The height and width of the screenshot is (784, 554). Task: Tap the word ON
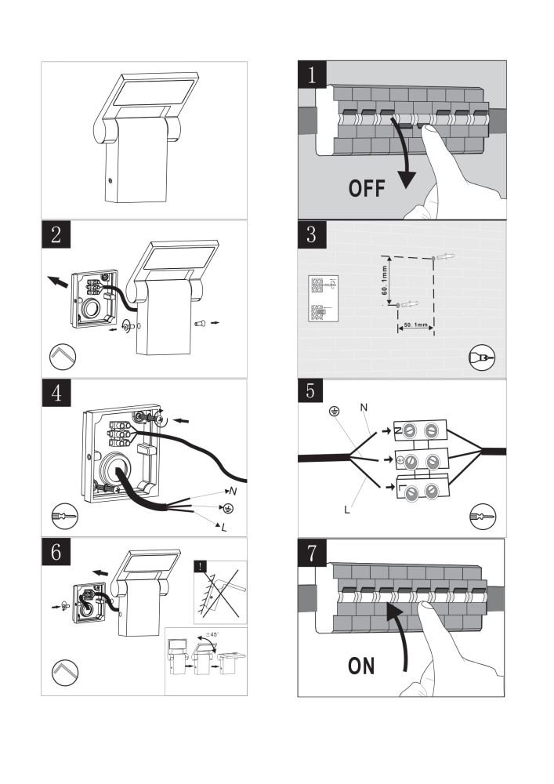coord(361,666)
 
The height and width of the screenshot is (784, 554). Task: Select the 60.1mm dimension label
coord(385,280)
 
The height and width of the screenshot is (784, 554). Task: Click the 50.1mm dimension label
coord(414,324)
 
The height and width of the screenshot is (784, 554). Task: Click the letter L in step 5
coord(346,510)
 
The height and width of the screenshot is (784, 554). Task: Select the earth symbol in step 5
coord(333,411)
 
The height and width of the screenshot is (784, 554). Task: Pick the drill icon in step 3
coord(481,358)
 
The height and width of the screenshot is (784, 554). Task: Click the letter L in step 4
coord(224,527)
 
